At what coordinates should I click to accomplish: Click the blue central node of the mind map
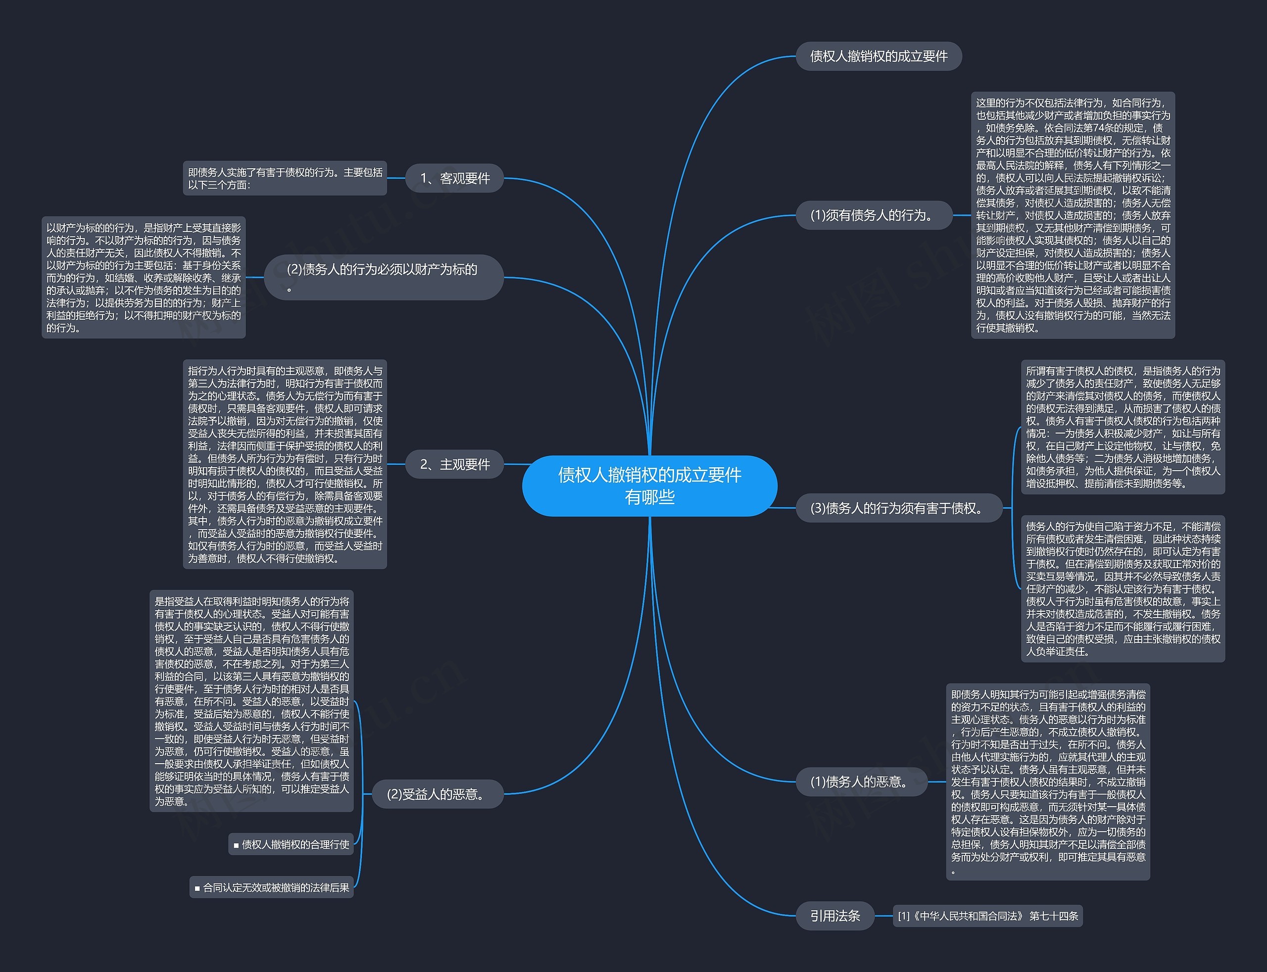tap(650, 486)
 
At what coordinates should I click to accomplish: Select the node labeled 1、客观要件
tap(454, 178)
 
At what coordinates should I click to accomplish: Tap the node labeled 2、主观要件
tap(454, 464)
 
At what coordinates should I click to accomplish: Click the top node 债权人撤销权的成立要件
tap(879, 56)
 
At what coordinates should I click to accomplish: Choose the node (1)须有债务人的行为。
tap(874, 215)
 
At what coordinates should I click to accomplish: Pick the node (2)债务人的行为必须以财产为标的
tap(384, 277)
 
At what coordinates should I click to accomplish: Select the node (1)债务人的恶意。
tap(862, 781)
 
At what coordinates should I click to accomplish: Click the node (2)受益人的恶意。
tap(438, 794)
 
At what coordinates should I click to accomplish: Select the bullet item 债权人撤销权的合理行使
tap(291, 845)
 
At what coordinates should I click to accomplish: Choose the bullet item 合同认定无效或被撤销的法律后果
tap(271, 887)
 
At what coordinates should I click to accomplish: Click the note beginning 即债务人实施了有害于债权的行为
tap(285, 178)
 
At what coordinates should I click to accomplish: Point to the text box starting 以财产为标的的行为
tap(144, 277)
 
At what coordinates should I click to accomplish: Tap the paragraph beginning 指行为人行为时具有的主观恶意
tap(285, 464)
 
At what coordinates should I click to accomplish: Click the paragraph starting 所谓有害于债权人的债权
tap(1123, 427)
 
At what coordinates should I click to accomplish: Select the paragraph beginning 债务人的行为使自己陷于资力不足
tap(1123, 589)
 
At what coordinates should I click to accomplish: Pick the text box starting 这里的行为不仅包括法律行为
tap(1073, 215)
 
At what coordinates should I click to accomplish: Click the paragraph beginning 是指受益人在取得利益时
tap(251, 701)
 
